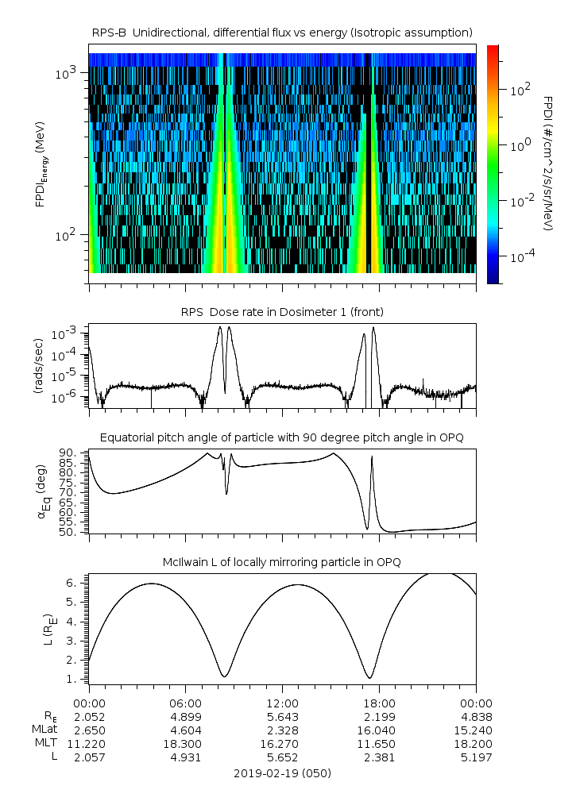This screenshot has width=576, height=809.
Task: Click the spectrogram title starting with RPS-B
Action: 282,32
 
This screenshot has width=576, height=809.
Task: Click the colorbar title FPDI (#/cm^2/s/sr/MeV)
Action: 548,163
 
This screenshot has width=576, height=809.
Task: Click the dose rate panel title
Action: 282,312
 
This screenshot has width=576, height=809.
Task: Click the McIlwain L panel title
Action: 282,562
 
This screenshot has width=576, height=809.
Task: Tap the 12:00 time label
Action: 282,703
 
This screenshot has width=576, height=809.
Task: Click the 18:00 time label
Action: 379,703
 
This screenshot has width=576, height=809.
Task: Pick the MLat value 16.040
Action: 379,730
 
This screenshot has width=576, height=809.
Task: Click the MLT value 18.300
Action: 185,744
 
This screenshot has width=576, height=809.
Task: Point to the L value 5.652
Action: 282,757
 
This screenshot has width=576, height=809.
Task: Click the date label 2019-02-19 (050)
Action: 282,773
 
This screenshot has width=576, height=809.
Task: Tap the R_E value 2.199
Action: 379,716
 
